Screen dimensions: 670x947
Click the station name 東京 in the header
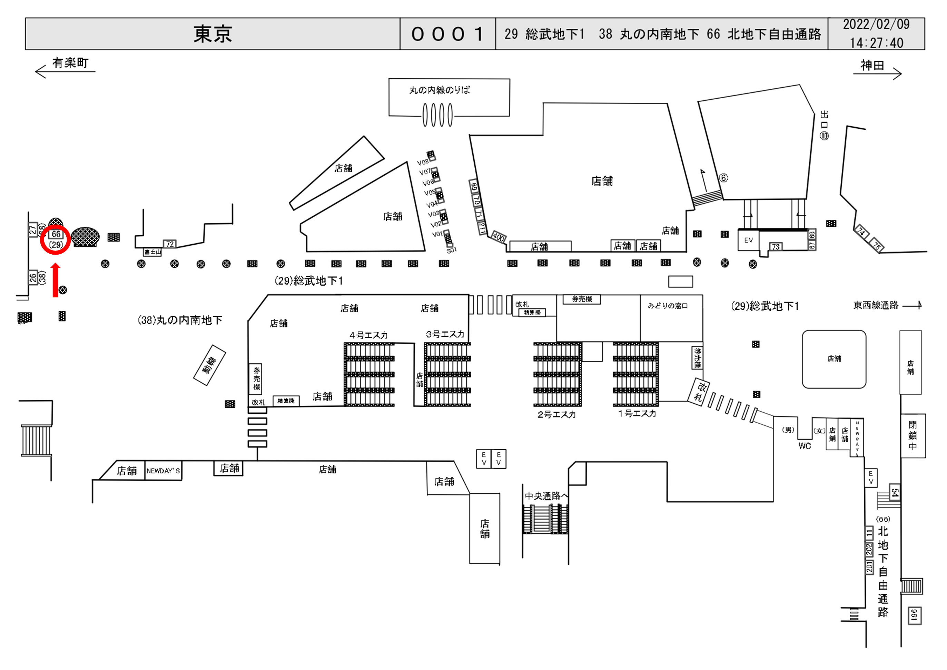coord(213,34)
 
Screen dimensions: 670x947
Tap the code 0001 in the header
coord(447,34)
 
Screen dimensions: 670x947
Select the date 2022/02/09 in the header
coord(876,24)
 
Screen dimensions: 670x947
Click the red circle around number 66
coord(55,240)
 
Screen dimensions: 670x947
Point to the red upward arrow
coord(55,280)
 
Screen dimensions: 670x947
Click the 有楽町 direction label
coord(70,63)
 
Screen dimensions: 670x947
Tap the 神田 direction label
coord(872,65)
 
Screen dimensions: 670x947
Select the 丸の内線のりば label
coord(439,90)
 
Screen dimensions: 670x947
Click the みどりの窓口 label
coord(667,306)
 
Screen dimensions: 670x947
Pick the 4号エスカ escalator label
coord(368,335)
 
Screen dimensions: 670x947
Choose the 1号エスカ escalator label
coord(637,413)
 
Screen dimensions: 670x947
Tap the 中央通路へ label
coord(546,496)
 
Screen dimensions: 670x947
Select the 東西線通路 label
coord(876,305)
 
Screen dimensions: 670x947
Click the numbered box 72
coord(169,244)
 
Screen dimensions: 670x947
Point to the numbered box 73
coord(776,247)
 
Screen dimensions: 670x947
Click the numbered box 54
coord(894,493)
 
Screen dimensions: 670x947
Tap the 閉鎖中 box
coord(913,435)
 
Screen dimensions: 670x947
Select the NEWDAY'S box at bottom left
coord(163,471)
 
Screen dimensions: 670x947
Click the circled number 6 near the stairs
coord(723,178)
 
